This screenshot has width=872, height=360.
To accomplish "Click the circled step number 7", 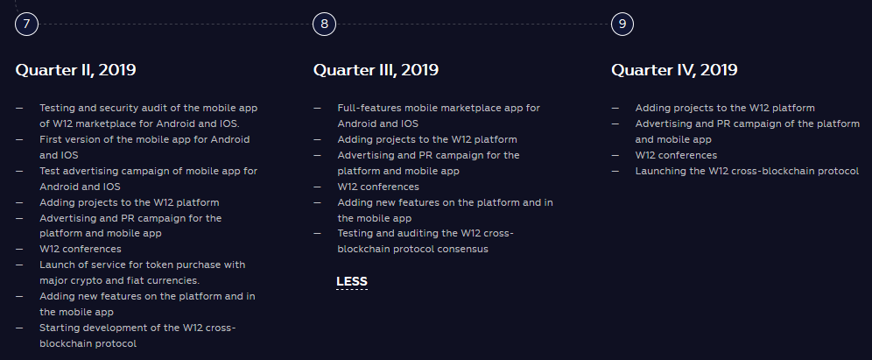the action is coord(26,24).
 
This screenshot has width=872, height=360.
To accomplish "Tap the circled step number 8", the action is coord(324,24).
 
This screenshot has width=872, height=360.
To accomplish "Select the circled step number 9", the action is coord(622,24).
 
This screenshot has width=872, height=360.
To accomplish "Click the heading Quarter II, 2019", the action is coord(75,70).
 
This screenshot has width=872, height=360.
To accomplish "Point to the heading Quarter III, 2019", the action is coord(376,70).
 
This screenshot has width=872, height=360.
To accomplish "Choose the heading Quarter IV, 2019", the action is coord(675,70).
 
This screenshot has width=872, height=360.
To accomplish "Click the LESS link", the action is coord(352,281).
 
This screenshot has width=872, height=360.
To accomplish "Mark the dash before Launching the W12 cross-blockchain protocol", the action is coord(615,171).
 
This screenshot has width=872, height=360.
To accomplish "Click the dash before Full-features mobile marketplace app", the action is coord(318,108).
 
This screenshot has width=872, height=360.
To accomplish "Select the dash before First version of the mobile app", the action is coord(19,139).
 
